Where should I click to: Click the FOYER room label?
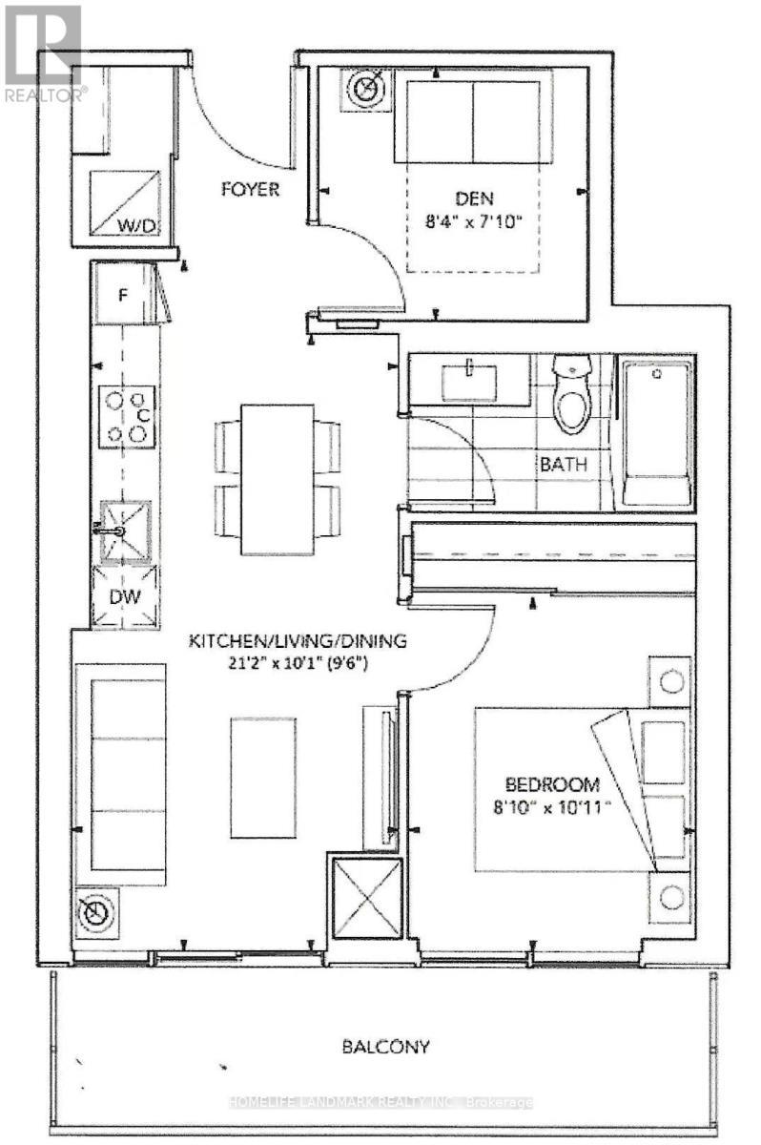click(x=247, y=189)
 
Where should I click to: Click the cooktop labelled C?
click(x=127, y=416)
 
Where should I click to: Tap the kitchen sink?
click(x=125, y=531)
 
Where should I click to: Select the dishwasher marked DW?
click(x=125, y=596)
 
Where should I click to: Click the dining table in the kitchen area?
click(x=278, y=479)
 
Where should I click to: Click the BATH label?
click(x=564, y=465)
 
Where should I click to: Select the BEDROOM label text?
click(x=552, y=785)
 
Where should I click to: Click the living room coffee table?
click(x=263, y=765)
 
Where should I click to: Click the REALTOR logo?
click(x=43, y=53)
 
